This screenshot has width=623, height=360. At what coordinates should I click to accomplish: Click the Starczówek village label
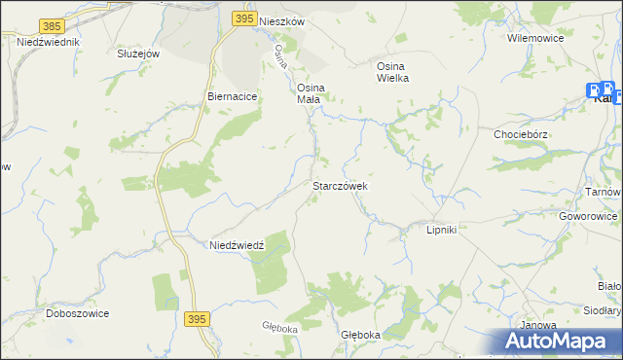(338, 185)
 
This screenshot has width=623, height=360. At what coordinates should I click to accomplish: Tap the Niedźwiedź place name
(238, 246)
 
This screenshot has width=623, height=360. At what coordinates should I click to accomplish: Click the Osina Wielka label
(392, 72)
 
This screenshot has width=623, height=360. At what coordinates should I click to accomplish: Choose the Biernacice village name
(231, 97)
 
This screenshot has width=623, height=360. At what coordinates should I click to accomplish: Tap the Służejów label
(137, 54)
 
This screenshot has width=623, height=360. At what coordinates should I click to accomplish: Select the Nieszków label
(282, 19)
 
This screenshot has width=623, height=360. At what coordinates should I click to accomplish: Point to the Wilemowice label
(530, 38)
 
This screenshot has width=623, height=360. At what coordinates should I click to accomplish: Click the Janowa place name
(538, 325)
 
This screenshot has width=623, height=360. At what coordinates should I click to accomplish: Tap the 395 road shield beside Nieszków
(245, 18)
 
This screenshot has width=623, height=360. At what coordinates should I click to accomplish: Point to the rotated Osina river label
(281, 55)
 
